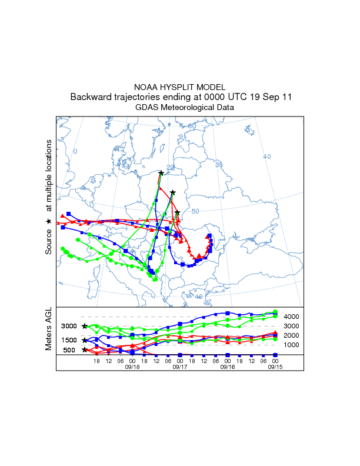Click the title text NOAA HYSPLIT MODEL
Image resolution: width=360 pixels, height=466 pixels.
pyautogui.click(x=179, y=87)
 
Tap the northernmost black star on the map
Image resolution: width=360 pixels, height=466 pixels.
pyautogui.click(x=161, y=173)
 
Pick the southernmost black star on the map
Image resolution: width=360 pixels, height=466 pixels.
pyautogui.click(x=177, y=213)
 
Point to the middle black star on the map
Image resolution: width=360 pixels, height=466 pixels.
pyautogui.click(x=172, y=192)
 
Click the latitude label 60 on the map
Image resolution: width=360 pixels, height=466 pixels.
pyautogui.click(x=192, y=126)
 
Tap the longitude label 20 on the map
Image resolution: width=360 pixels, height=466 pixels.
pyautogui.click(x=171, y=168)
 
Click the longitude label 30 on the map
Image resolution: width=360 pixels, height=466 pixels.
pyautogui.click(x=219, y=165)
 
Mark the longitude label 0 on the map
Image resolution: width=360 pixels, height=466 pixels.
pyautogui.click(x=75, y=152)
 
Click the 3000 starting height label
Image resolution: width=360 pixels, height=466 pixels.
pyautogui.click(x=69, y=326)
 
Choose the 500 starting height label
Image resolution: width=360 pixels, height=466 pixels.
pyautogui.click(x=69, y=350)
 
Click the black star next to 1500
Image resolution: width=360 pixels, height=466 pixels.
pyautogui.click(x=85, y=340)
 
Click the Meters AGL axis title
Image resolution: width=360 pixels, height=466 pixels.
pyautogui.click(x=49, y=330)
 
